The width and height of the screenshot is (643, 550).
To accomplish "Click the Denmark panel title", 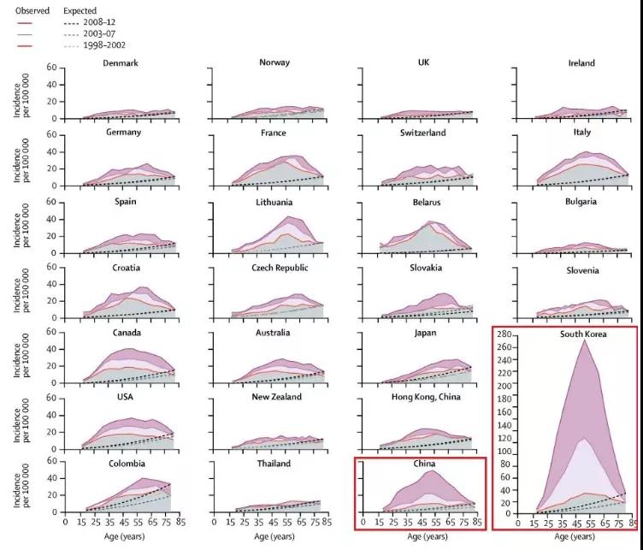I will (121, 63).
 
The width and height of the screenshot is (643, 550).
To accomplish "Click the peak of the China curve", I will (433, 470).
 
